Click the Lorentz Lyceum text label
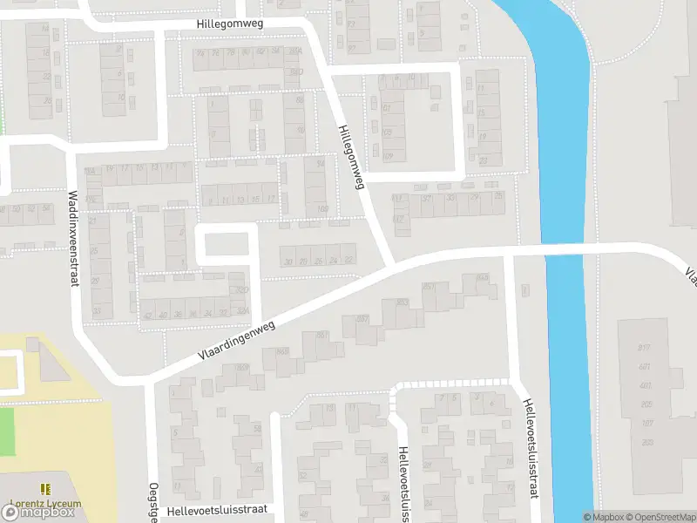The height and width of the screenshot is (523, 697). tap(45, 503)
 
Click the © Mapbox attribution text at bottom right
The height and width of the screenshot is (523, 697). tap(603, 517)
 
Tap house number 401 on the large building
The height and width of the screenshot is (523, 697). tap(646, 385)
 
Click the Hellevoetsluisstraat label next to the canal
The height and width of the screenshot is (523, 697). tap(530, 449)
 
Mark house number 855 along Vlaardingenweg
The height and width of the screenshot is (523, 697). tap(483, 276)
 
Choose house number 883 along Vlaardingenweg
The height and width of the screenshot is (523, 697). tap(402, 302)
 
